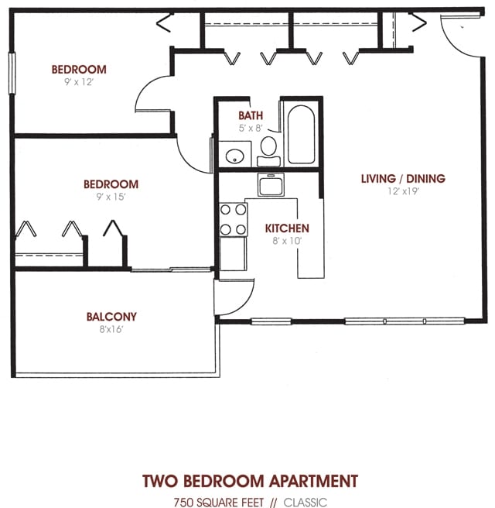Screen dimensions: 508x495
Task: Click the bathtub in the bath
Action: (299, 135)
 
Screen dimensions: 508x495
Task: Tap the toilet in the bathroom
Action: (268, 149)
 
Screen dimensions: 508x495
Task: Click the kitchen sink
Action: (271, 185)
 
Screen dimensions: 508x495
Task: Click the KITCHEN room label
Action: (287, 228)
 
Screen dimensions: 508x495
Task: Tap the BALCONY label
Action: (111, 316)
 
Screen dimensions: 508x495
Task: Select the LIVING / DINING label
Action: (403, 179)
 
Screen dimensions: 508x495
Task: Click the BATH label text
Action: (251, 115)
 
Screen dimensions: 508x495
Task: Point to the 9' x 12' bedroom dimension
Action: (79, 81)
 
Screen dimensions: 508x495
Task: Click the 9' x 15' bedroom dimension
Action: (111, 197)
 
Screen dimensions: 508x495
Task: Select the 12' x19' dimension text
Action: (403, 191)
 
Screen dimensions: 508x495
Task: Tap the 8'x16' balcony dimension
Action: (111, 328)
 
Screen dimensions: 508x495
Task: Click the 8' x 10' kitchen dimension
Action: (287, 241)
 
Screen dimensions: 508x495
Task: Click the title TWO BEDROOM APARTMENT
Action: (250, 481)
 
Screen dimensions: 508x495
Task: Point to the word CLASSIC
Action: (306, 502)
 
